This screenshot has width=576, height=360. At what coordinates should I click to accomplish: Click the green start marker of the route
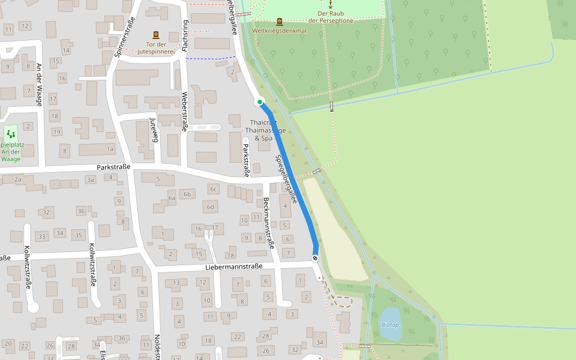pos(260,102)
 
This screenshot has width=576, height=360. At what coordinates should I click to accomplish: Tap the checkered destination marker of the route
pos(315,258)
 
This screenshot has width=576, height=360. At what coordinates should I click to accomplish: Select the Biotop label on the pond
pos(390,325)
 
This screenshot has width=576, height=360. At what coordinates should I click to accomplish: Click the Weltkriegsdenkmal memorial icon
pos(279,21)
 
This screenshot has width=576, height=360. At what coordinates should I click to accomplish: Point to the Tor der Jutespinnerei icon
pos(156,35)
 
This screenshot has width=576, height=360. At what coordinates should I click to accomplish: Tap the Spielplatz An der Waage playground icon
pos(11,134)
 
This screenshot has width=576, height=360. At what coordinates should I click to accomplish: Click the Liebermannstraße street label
pos(234,266)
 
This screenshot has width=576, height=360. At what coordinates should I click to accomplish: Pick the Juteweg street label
pos(153,130)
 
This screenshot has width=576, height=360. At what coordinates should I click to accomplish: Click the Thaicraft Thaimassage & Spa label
pos(263,130)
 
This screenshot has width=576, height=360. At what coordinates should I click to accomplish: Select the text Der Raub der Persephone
pos(329,16)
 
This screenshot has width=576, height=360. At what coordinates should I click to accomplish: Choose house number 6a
pos(172,197)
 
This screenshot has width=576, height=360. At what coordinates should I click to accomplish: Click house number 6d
pos(210,207)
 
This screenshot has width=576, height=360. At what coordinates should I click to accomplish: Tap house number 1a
pos(110,149)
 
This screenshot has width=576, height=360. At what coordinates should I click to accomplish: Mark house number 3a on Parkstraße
pos(91,179)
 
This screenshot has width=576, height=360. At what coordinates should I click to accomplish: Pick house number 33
pos(41,236)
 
